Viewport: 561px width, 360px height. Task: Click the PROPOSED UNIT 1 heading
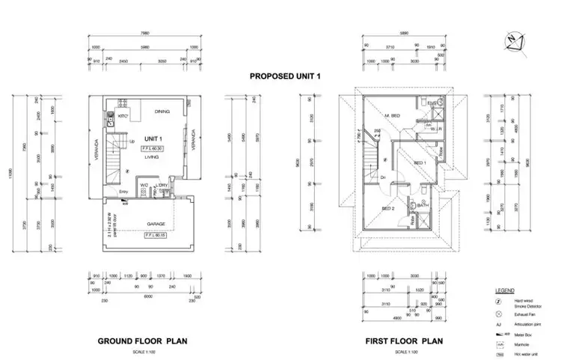coord(281,76)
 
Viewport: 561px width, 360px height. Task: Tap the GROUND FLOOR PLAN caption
coord(142,341)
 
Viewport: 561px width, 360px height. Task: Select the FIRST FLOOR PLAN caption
coord(405,341)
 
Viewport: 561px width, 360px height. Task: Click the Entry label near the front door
coord(123,192)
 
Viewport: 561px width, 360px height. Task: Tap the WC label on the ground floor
coord(144,186)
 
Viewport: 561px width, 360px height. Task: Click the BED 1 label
coord(420,163)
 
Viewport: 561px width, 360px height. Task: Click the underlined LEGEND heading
coord(503,289)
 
